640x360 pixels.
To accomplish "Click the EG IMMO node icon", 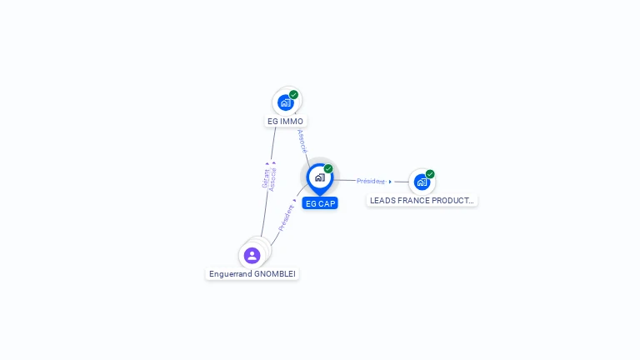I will pos(286,102).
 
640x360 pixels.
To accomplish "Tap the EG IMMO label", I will pos(286,122).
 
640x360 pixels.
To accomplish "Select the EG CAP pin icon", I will pos(319,177).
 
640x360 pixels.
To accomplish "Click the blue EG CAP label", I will pos(320,203).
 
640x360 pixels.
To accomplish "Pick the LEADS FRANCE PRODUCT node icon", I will pos(422,182).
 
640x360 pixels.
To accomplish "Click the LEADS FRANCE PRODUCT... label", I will pos(422,201).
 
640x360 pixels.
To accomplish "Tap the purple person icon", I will pos(252,255).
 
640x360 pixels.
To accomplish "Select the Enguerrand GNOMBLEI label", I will pos(252,274).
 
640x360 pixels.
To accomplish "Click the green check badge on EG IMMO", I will pos(294,95).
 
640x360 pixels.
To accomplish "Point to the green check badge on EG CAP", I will pos(328,169).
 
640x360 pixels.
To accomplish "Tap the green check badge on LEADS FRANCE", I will pos(430,174).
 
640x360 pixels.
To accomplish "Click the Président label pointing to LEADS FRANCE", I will pos(371,181).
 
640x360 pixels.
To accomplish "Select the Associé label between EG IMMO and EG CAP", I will pos(302,141).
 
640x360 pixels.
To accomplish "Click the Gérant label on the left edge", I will pos(265,179).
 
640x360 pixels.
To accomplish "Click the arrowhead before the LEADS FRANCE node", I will pos(390,182).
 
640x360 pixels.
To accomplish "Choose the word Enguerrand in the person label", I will pos(232,274).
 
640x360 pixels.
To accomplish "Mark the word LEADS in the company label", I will pos(382,201).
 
